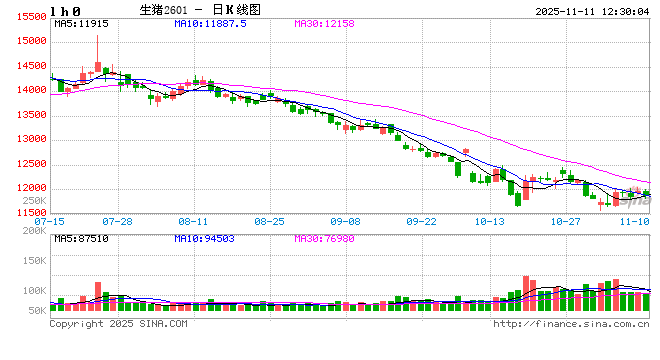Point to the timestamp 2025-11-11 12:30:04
pos(581,9)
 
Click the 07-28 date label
pos(118,221)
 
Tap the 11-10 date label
pos(634,221)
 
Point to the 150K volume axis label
pos(34,260)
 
